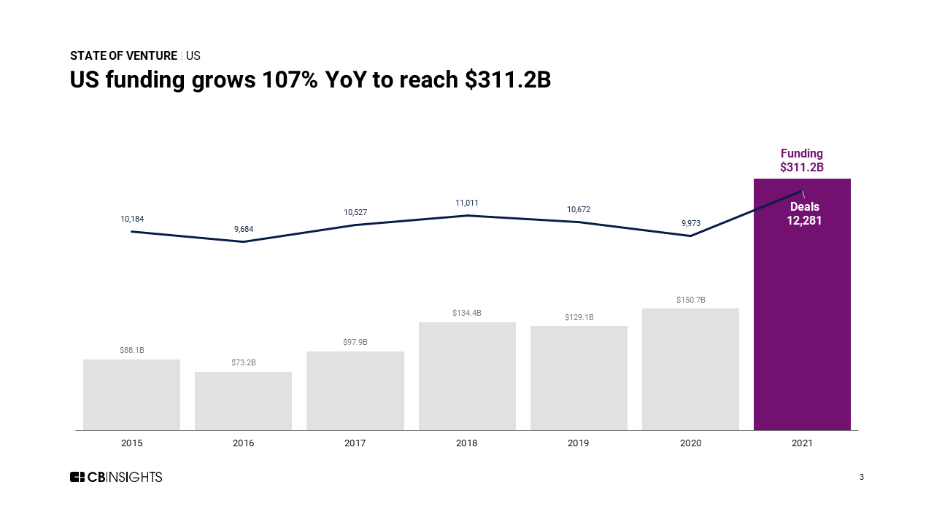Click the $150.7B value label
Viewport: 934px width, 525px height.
point(690,300)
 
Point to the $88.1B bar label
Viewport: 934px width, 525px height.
point(132,350)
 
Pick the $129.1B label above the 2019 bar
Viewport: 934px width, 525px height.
point(579,317)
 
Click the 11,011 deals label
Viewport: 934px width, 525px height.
point(467,203)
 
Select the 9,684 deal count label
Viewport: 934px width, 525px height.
point(244,229)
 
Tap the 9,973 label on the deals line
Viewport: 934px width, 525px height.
point(691,223)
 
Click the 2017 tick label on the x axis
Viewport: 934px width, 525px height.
point(355,443)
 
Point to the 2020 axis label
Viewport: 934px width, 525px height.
point(690,443)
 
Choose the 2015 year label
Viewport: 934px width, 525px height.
point(132,443)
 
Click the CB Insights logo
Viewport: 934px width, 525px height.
point(116,477)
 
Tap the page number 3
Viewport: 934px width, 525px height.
point(862,477)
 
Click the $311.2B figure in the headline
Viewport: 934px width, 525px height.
point(508,80)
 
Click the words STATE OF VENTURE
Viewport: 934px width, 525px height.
point(123,56)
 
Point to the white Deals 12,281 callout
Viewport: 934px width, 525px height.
point(804,214)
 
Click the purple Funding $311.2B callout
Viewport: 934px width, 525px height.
point(801,160)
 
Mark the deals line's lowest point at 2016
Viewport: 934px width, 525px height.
point(244,241)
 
